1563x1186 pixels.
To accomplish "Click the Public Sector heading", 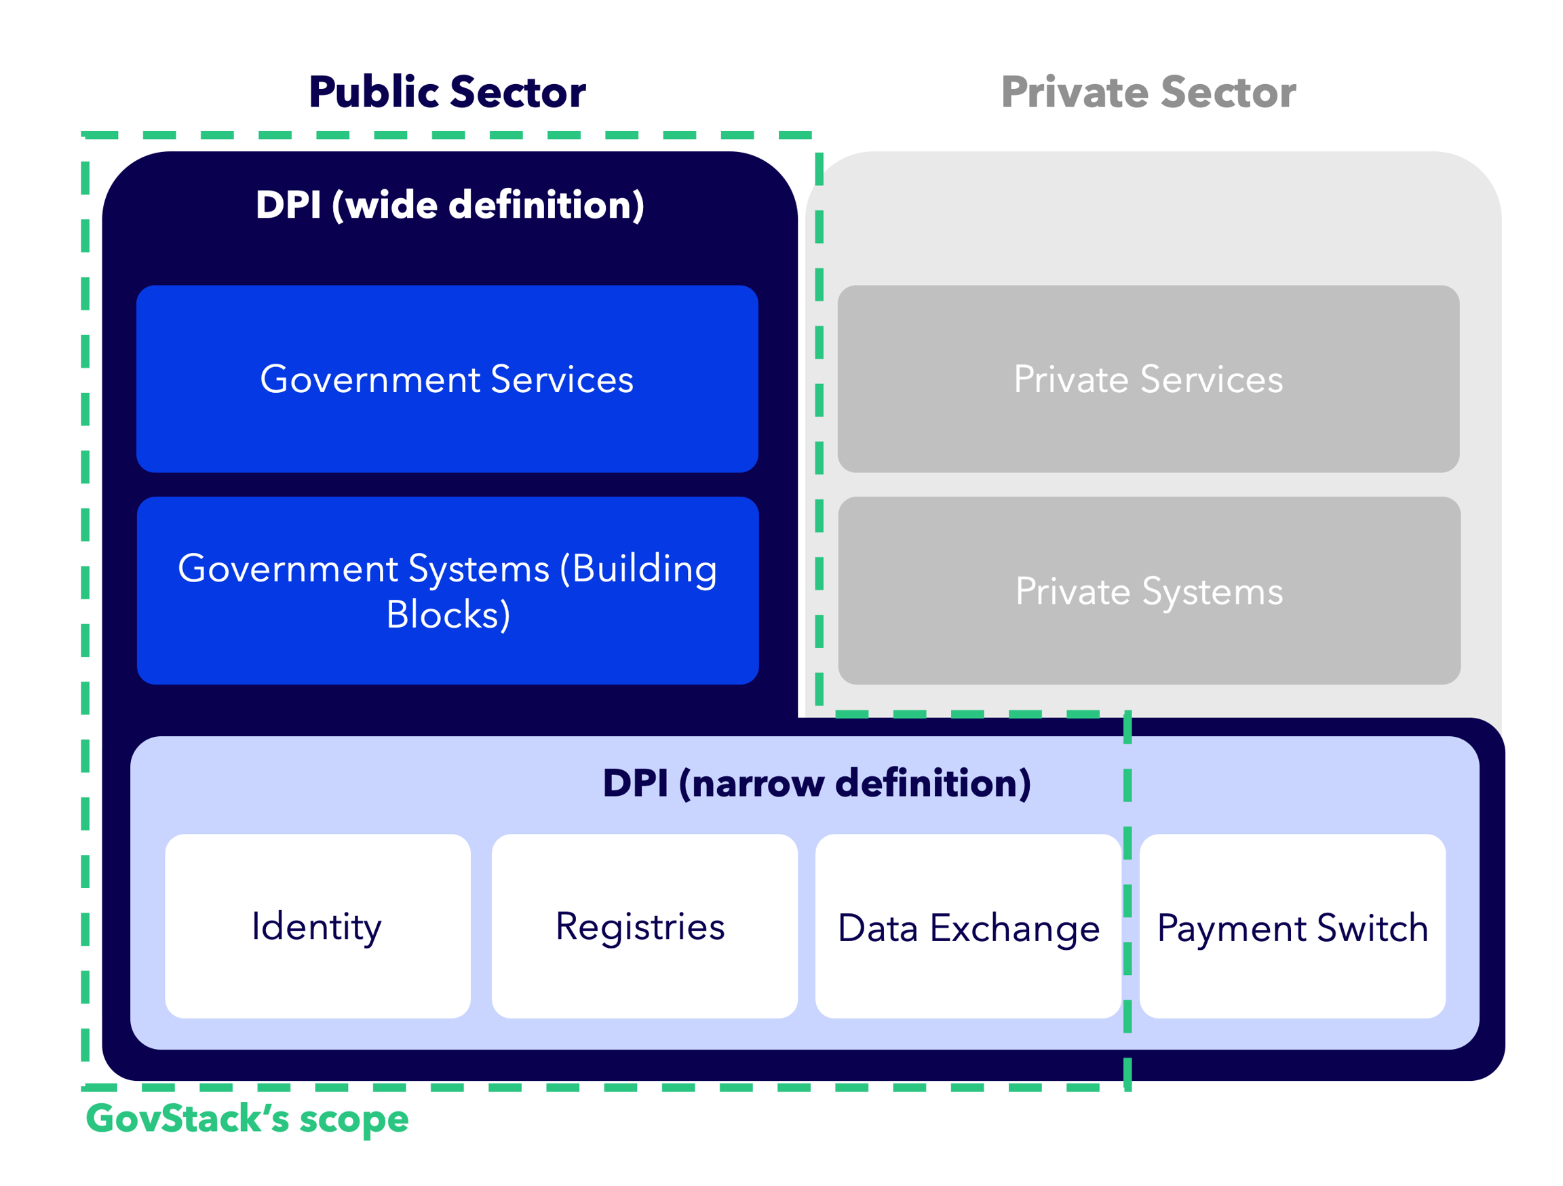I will pos(446,92).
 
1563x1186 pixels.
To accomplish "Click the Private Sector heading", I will pos(1149,92).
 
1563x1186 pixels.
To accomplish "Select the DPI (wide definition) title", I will pos(449,205).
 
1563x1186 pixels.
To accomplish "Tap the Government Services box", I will pos(446,379).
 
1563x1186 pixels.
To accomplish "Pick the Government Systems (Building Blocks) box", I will pos(447,590).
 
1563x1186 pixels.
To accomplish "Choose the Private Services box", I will pos(1149,379).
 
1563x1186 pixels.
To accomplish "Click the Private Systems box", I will pos(1149,590).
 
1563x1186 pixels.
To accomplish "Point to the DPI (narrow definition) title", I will pos(816,783).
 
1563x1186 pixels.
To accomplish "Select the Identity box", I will pos(317,927).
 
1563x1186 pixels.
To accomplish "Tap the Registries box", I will pos(644,927).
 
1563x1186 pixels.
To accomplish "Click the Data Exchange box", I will pos(968,927).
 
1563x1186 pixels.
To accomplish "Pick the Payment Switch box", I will pos(1292,927).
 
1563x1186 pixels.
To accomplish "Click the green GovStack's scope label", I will pos(248,1119).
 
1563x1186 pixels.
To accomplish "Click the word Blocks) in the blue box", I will pos(448,614).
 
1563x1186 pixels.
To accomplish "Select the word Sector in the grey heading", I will pos(1228,92).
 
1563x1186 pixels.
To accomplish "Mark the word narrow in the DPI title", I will pos(758,784).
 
